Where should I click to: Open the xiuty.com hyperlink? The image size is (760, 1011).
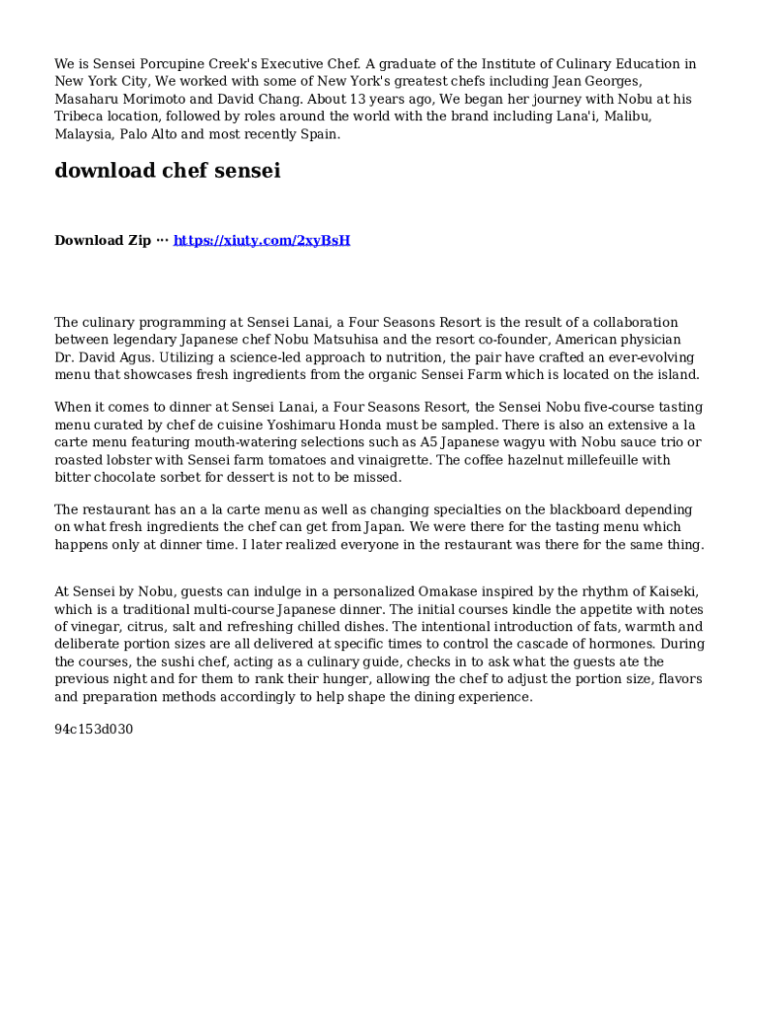(262, 241)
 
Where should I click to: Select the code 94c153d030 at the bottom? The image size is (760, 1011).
(94, 730)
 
